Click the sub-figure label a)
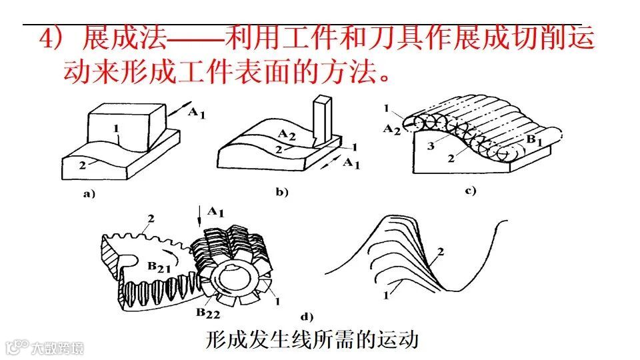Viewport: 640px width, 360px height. [x=89, y=195]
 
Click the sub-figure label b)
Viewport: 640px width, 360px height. [x=281, y=193]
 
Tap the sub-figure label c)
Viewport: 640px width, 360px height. [x=470, y=191]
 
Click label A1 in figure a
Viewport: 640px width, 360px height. [x=196, y=113]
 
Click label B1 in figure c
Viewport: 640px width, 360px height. [x=533, y=140]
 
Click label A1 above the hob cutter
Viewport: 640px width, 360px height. [x=215, y=211]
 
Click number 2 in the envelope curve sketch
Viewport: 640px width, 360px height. [x=440, y=251]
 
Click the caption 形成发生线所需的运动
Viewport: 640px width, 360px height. [x=311, y=340]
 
